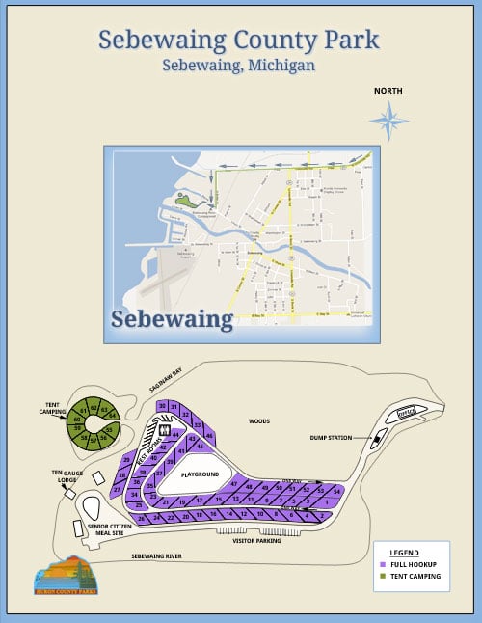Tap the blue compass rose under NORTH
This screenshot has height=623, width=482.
click(388, 121)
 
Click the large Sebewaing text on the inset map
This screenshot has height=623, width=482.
click(172, 318)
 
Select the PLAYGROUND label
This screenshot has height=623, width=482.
click(201, 474)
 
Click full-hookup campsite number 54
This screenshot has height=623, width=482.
click(336, 491)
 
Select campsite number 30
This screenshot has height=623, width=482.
click(163, 404)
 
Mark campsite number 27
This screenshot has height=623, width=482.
click(117, 490)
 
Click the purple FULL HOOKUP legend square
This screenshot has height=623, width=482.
click(384, 564)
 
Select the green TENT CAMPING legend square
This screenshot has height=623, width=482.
click(384, 576)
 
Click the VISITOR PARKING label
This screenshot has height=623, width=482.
click(256, 541)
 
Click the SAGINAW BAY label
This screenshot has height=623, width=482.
click(166, 384)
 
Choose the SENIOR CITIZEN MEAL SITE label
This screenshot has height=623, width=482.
click(105, 529)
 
